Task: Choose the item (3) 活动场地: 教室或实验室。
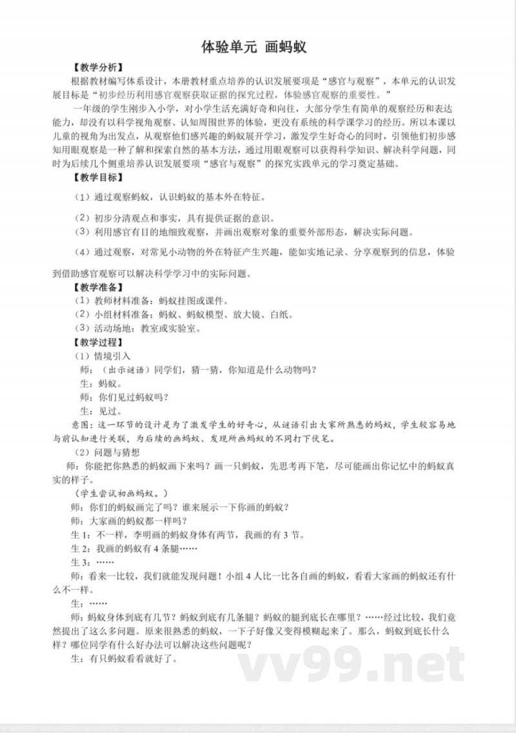(x=138, y=328)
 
